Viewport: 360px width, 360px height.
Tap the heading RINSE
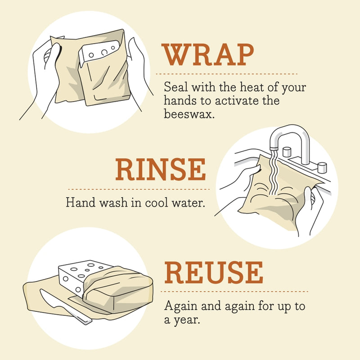160,170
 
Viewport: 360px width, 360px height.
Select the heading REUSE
214,272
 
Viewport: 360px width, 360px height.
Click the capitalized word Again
179,306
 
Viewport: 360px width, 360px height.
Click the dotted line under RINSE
137,189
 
